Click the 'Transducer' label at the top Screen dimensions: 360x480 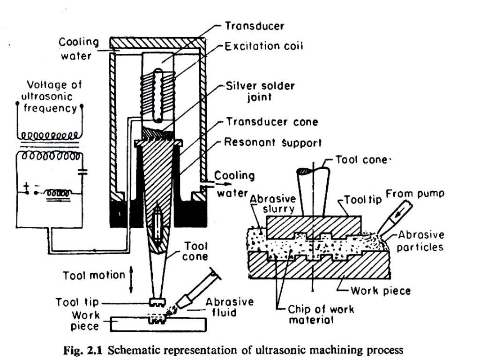click(254, 26)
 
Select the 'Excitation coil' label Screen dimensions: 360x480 click(263, 46)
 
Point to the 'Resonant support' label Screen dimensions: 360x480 click(273, 142)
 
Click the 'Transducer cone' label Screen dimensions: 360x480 click(271, 122)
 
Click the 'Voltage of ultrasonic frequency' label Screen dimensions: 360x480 click(52, 97)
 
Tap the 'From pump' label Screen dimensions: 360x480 click(414, 194)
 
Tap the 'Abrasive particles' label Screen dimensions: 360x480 click(420, 240)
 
